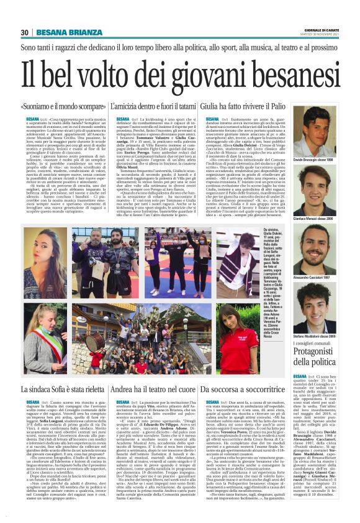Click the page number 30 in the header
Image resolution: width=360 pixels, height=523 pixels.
[x=25, y=32]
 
